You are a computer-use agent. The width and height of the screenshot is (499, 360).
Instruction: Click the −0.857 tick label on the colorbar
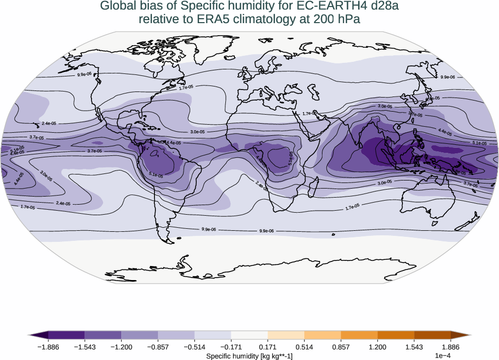pyautogui.click(x=157, y=347)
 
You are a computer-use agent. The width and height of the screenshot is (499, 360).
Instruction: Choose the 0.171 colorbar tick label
pyautogui.click(x=268, y=347)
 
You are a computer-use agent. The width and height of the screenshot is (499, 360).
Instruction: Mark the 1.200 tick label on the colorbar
pyautogui.click(x=377, y=347)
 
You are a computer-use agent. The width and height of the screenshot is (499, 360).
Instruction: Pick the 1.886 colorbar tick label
pyautogui.click(x=450, y=347)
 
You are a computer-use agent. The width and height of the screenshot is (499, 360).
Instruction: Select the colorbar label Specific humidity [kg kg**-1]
pyautogui.click(x=249, y=356)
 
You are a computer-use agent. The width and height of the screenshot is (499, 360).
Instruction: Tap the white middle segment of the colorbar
pyautogui.click(x=249, y=335)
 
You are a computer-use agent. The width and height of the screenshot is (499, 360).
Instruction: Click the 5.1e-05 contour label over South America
pyautogui.click(x=156, y=175)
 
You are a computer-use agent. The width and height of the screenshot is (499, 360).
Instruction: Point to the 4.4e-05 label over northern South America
pyautogui.click(x=173, y=143)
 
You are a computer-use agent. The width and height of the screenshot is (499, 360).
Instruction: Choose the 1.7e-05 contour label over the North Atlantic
pyautogui.click(x=186, y=87)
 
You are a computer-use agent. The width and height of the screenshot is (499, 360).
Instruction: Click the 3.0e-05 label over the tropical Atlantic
pyautogui.click(x=198, y=132)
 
